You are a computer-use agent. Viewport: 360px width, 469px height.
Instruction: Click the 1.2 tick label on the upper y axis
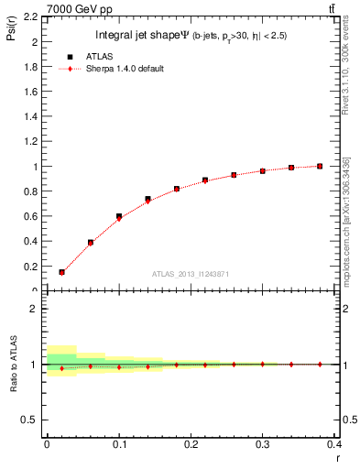32,142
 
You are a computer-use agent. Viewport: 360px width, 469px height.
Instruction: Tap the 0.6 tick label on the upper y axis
32,217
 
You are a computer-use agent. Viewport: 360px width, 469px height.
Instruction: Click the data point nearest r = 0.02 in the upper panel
61,272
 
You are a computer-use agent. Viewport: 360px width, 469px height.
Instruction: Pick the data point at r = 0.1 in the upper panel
119,217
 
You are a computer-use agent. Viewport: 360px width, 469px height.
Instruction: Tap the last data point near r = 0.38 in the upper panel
320,166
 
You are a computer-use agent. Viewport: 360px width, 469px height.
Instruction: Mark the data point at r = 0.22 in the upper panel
205,180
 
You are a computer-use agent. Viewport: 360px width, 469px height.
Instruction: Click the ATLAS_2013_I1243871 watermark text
191,274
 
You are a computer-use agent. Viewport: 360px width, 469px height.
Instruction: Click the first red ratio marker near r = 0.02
61,368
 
